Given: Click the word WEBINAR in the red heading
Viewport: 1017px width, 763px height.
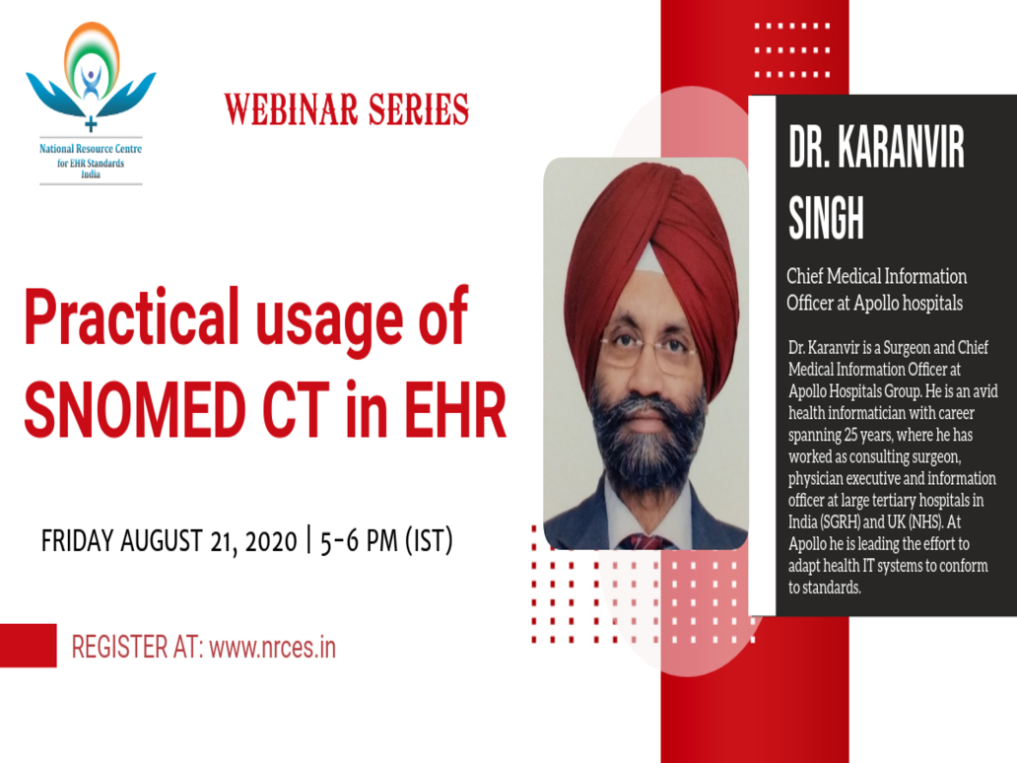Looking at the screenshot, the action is tap(292, 109).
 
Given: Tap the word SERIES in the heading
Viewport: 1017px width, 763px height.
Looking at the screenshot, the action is tap(419, 109).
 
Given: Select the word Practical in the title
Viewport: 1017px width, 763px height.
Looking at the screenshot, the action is tap(132, 317).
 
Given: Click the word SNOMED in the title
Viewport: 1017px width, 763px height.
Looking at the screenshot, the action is tap(136, 410).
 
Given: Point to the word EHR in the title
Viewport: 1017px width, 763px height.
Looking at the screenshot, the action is tap(456, 410).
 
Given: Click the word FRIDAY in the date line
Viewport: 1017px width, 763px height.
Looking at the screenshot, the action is tap(77, 540).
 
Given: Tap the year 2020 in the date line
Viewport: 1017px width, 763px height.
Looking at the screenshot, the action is tap(271, 541).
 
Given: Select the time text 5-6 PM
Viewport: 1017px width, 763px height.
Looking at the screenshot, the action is tap(359, 541).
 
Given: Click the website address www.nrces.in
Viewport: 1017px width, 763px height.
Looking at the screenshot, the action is tap(272, 648).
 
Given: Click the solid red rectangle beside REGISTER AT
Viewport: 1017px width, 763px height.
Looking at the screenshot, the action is tap(28, 646).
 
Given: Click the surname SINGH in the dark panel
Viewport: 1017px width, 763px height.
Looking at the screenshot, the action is tap(826, 217).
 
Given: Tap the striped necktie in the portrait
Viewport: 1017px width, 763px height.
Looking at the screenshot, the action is tap(644, 541).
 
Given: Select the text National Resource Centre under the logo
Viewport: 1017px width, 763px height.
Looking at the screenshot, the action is tap(91, 149).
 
